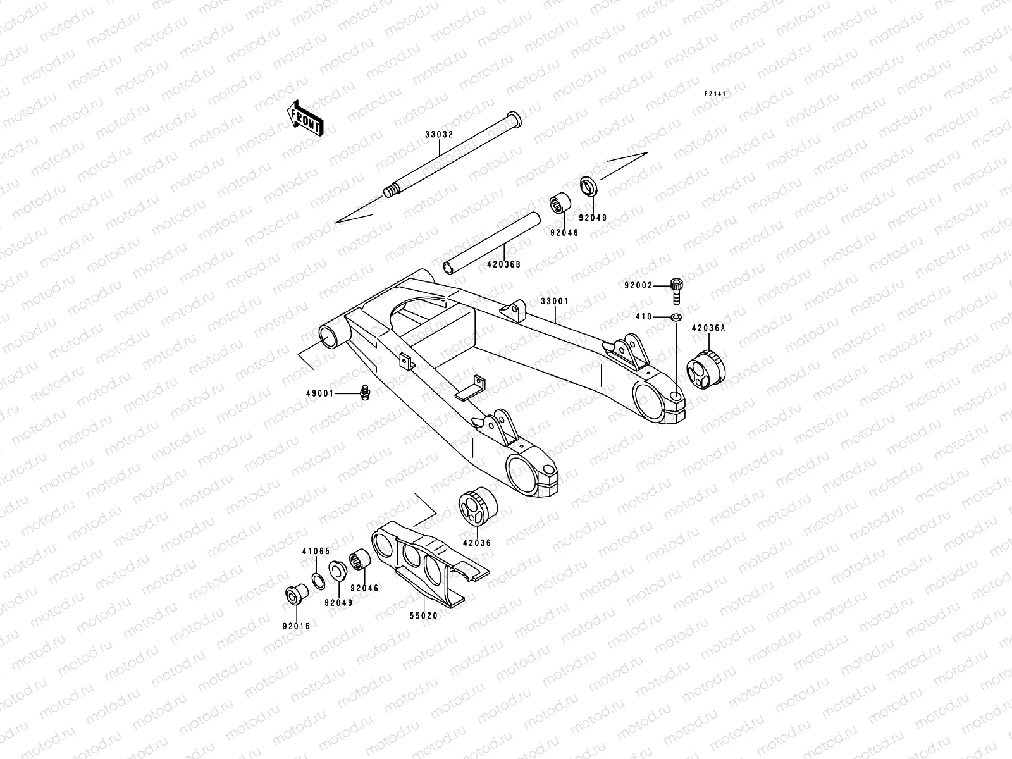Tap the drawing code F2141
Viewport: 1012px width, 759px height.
(715, 94)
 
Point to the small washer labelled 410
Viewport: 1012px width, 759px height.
(676, 316)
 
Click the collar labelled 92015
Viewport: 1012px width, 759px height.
(295, 595)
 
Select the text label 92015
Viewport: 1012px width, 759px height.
(297, 627)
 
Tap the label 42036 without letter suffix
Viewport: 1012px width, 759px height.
(476, 543)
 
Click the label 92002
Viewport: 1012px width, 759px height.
(638, 286)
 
